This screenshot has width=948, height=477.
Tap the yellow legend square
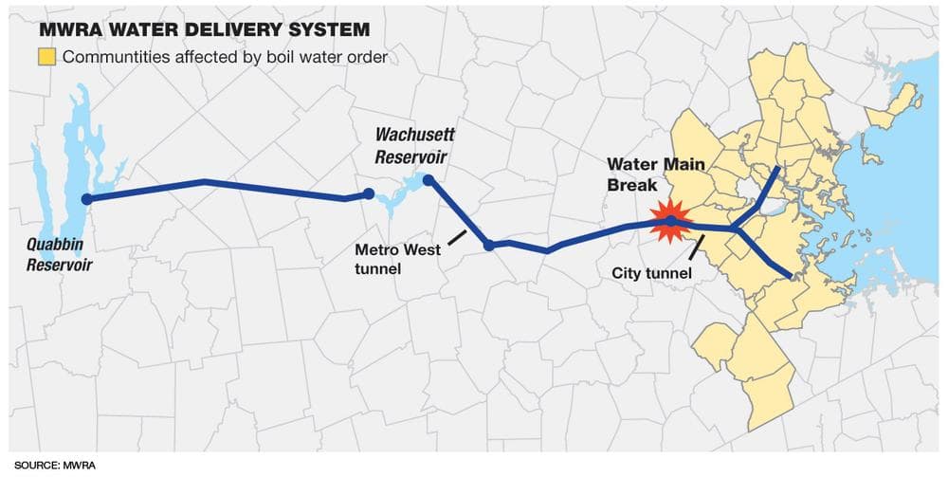pyautogui.click(x=47, y=58)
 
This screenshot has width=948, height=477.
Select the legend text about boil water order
pyautogui.click(x=227, y=58)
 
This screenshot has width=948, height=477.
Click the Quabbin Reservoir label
pyautogui.click(x=59, y=256)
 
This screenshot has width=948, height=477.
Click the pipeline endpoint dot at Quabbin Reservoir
pyautogui.click(x=87, y=199)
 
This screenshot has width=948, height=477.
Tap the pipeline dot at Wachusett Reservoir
pyautogui.click(x=428, y=179)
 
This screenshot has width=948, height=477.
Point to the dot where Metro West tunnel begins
pyautogui.click(x=489, y=245)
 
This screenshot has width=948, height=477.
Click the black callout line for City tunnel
pyautogui.click(x=696, y=248)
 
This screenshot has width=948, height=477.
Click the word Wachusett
pyautogui.click(x=413, y=135)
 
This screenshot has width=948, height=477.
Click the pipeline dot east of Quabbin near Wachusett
pyautogui.click(x=369, y=193)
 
